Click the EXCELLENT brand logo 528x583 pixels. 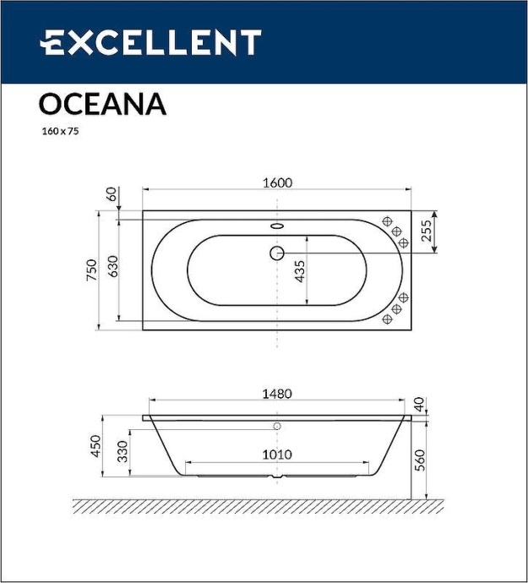151,42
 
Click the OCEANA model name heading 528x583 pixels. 102,104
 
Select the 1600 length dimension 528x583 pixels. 277,183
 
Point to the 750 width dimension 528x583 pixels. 92,270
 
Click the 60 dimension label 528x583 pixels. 110,193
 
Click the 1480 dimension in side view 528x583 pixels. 276,394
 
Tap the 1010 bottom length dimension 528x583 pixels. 276,455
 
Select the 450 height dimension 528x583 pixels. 95,446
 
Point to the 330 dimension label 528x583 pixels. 122,452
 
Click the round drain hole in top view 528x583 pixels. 277,252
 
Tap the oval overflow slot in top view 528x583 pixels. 277,226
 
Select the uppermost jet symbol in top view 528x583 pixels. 389,222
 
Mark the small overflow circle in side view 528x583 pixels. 277,426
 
